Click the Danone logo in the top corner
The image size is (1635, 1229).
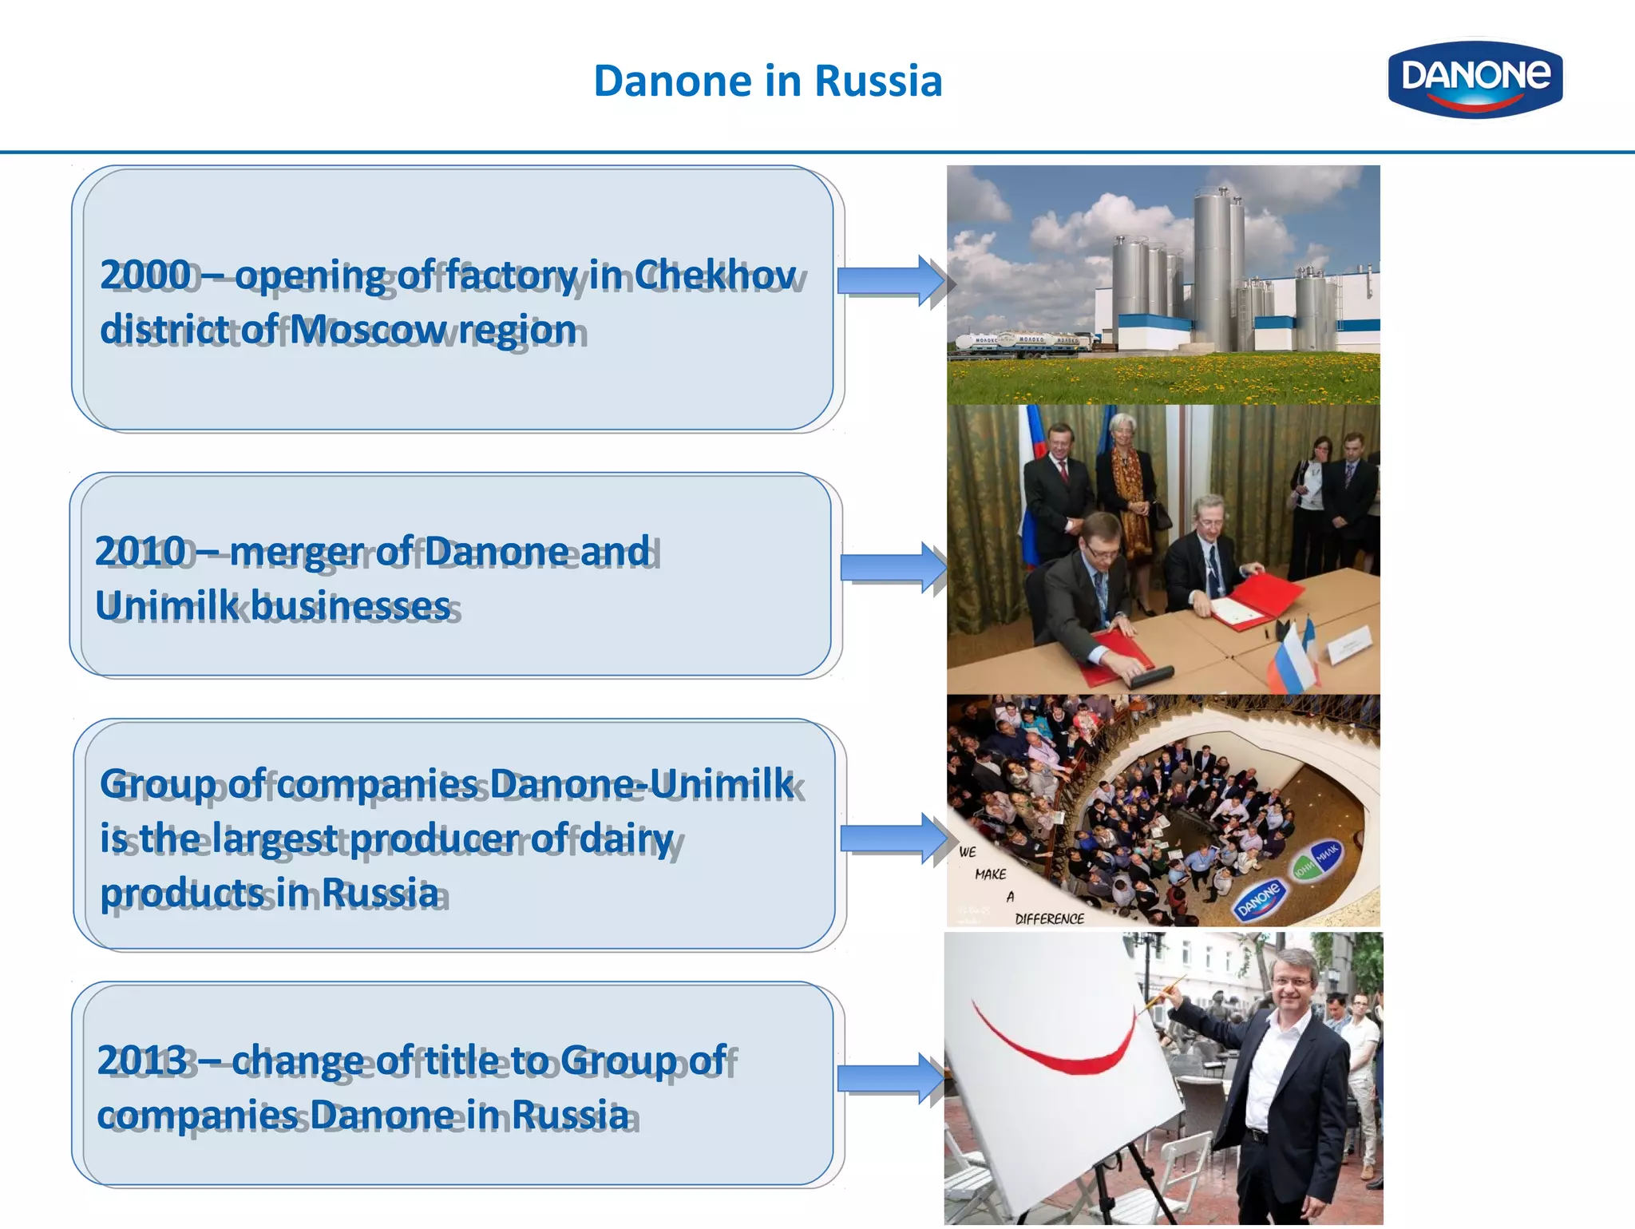(x=1475, y=78)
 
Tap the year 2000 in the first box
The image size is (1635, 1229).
(x=145, y=275)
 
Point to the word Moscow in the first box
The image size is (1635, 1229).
(x=365, y=329)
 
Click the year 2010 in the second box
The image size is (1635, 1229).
(x=141, y=551)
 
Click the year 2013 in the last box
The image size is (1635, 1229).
(x=142, y=1061)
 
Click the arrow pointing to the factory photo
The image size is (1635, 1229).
(x=891, y=280)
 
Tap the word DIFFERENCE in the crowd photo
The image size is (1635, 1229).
(x=1049, y=919)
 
